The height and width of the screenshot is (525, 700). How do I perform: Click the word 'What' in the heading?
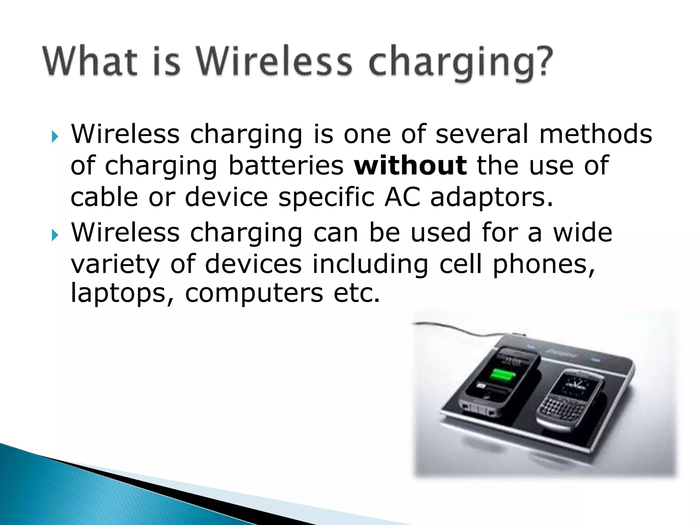90,62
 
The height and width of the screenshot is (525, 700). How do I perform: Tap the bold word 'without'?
410,165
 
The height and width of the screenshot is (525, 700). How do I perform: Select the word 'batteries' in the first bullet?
286,165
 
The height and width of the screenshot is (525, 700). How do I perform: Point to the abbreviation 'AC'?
402,197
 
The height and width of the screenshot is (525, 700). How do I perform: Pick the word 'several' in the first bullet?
482,134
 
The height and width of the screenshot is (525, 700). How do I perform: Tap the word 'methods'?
595,134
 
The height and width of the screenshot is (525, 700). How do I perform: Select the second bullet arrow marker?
55,235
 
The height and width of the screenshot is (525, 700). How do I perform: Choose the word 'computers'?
254,293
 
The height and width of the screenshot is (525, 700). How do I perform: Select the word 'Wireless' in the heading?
273,62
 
